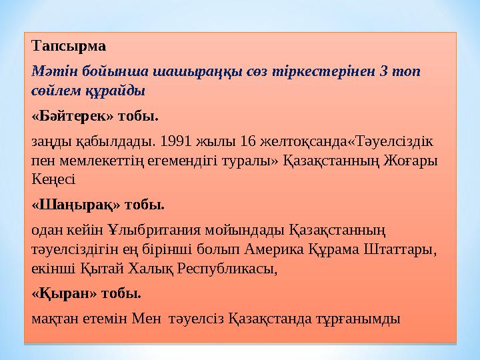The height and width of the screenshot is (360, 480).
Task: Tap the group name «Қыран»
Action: (65, 293)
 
